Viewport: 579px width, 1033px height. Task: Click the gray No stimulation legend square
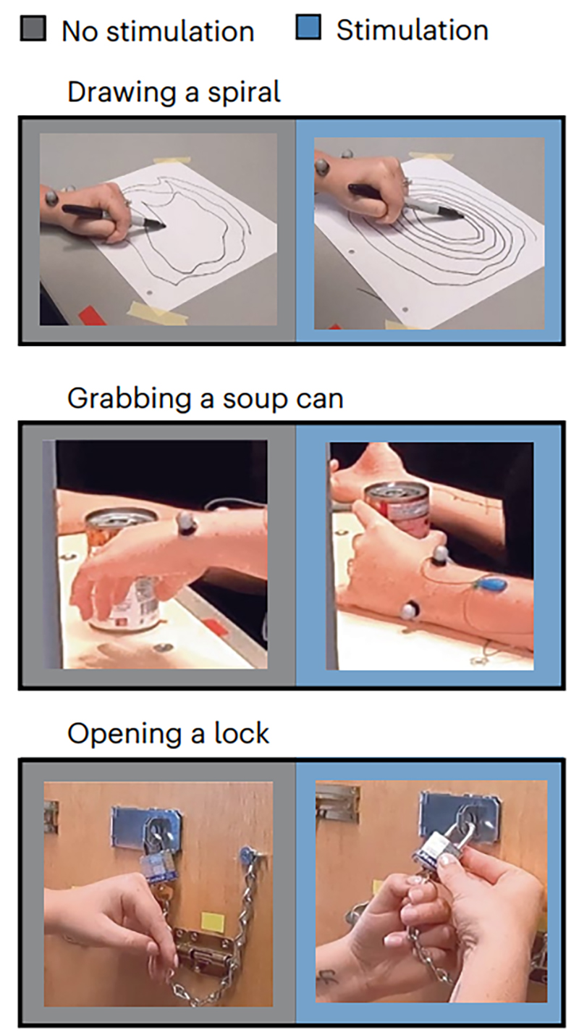pyautogui.click(x=33, y=29)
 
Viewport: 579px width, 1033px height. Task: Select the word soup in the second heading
pyautogui.click(x=254, y=399)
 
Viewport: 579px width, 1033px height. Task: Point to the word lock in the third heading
pyautogui.click(x=241, y=733)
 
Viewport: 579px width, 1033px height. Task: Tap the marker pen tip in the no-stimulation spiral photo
pyautogui.click(x=161, y=226)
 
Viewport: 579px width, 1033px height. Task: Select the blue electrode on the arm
pyautogui.click(x=491, y=585)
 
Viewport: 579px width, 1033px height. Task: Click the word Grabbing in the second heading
pyautogui.click(x=129, y=399)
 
